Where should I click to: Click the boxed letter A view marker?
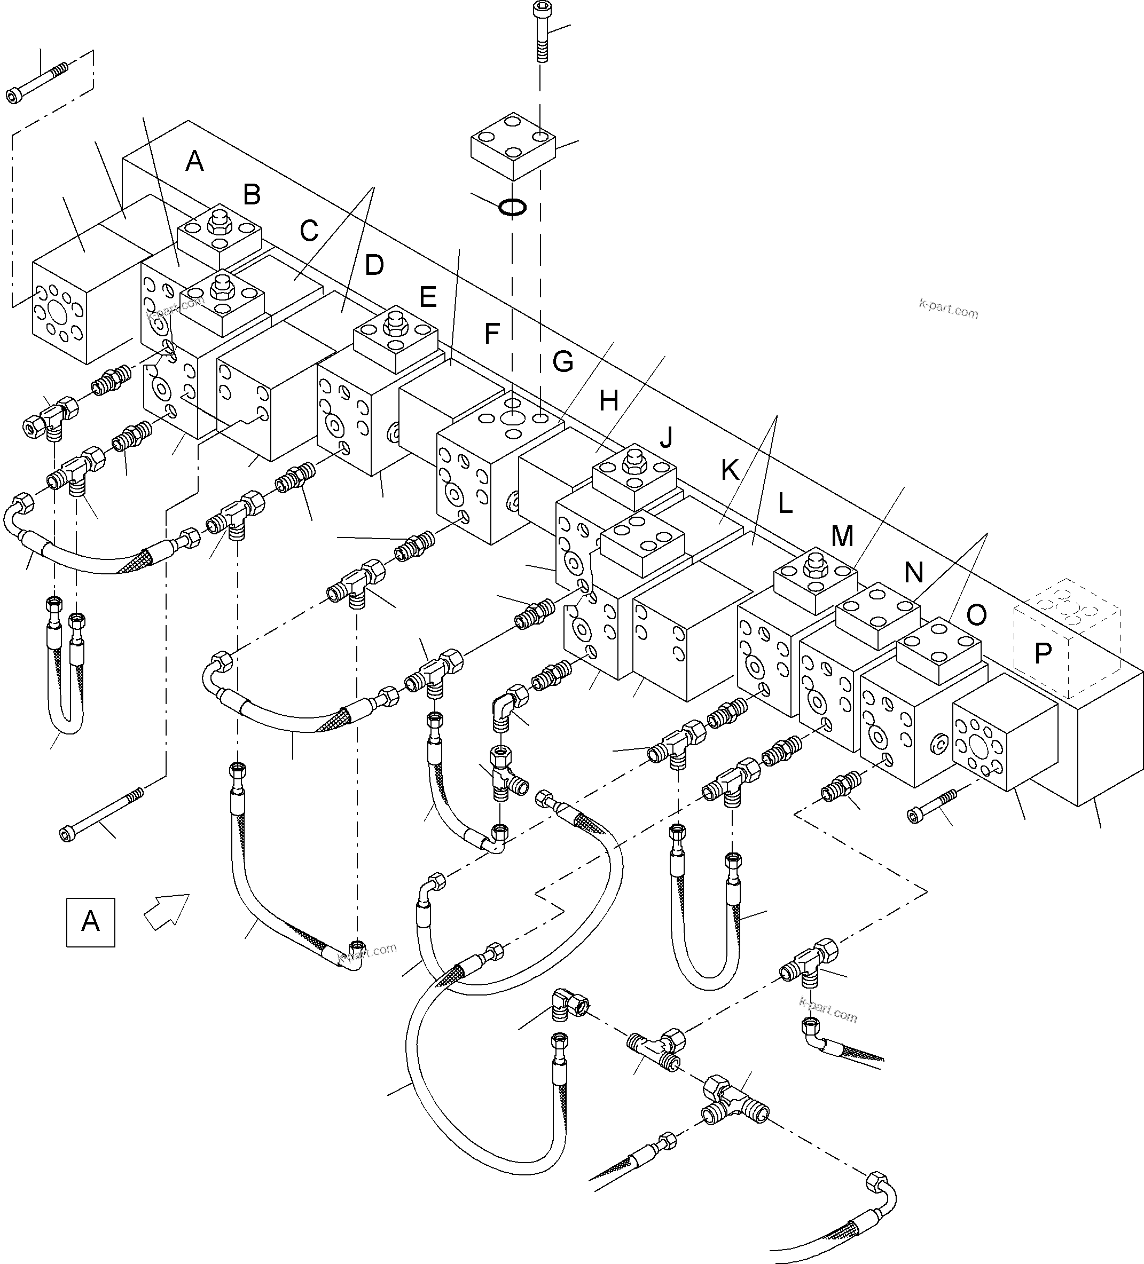[90, 922]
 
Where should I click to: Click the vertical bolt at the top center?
[540, 31]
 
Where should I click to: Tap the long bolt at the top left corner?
[37, 82]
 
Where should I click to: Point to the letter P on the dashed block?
[1043, 654]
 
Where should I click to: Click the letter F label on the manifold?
[492, 334]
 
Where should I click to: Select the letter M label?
[842, 536]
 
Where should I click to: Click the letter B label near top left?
[252, 195]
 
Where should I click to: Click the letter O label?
[976, 615]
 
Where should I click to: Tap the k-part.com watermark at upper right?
[949, 309]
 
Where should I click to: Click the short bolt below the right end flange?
[931, 805]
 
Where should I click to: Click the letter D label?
[374, 265]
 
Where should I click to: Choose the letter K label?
[730, 470]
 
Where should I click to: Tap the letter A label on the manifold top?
[194, 162]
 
